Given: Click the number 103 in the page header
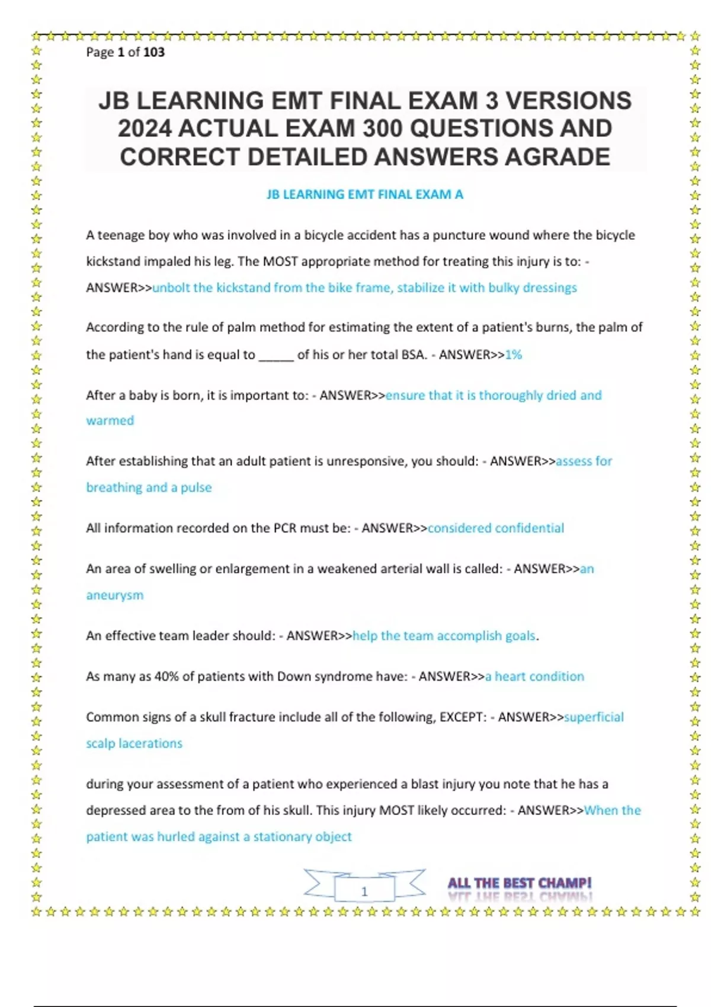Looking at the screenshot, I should (154, 52).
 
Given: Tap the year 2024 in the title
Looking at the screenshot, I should (145, 129).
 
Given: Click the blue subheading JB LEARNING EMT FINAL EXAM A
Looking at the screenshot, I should (365, 194).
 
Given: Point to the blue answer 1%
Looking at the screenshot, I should (514, 355).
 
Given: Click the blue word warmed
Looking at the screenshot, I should (110, 421).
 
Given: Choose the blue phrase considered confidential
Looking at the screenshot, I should (495, 528).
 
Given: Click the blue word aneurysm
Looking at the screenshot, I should (115, 595).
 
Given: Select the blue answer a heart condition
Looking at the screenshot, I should (534, 676).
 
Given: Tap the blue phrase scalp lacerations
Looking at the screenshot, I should (134, 743).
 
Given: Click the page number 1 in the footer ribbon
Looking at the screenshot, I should (364, 891).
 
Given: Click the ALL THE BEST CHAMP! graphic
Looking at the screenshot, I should (520, 884).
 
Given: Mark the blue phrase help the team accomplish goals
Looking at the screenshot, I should (444, 636).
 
